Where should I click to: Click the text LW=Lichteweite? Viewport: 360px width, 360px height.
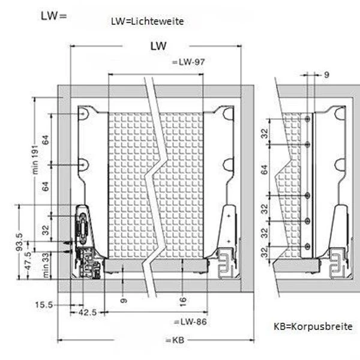[147, 21]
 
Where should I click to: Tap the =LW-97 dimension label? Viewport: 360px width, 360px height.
[189, 62]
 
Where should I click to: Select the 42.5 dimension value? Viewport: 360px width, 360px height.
[88, 313]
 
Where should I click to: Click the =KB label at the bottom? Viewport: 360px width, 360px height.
[174, 340]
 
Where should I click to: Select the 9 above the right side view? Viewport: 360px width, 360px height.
[326, 75]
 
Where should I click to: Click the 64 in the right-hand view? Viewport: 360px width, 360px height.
[265, 170]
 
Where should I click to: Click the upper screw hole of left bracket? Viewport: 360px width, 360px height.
[85, 113]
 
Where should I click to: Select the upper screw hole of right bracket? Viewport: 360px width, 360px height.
[227, 113]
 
